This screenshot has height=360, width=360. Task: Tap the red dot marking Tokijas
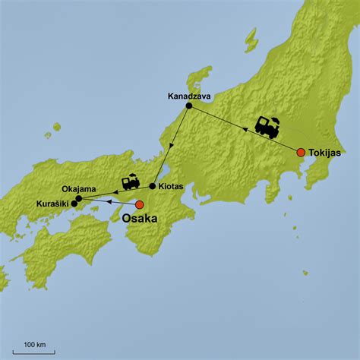point(301,152)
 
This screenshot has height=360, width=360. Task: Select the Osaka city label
point(140,218)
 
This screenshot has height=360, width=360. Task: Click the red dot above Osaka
point(139,204)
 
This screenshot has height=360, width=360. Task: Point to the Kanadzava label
point(190,96)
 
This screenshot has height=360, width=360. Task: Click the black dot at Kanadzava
point(188,106)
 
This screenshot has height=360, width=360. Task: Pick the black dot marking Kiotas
point(153,186)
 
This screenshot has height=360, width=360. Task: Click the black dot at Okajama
point(78,197)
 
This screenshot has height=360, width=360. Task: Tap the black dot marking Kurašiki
point(74,204)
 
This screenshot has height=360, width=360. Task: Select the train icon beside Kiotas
point(131,182)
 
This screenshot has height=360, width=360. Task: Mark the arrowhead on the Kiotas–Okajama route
point(115,192)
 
